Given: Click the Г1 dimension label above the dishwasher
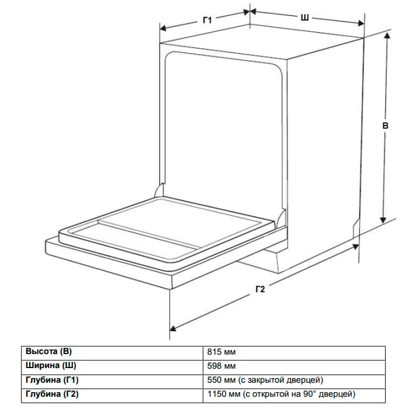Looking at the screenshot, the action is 207,20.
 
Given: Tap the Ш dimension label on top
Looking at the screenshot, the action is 304,18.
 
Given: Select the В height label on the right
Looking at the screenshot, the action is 385,126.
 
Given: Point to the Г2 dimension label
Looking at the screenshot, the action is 261,289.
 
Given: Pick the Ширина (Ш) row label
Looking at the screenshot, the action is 51,365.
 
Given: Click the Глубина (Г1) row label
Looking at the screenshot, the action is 52,380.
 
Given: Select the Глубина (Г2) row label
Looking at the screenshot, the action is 52,394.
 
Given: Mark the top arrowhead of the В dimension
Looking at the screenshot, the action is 387,36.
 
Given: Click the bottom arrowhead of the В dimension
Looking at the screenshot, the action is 383,220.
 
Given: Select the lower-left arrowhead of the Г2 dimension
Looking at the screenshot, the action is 173,328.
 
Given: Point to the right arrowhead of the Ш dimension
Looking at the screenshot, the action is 361,23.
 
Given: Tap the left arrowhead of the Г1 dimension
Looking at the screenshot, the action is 163,28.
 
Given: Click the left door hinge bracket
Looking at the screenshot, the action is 160,190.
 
